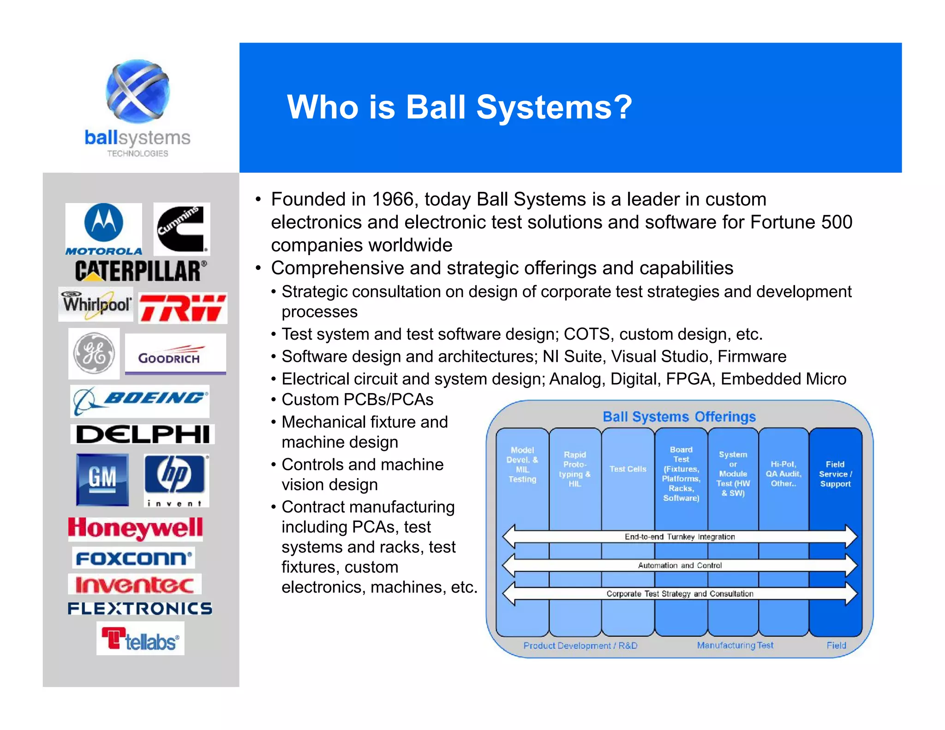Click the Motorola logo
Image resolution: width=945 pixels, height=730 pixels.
[x=104, y=229]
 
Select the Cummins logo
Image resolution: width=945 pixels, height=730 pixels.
[x=181, y=229]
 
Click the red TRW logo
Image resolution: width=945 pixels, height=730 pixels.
[x=183, y=307]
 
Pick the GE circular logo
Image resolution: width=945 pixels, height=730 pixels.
[x=94, y=353]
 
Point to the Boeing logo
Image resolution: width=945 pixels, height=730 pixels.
[x=140, y=401]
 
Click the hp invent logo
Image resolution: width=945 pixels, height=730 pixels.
[x=176, y=480]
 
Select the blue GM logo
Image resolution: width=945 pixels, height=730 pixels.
[x=102, y=479]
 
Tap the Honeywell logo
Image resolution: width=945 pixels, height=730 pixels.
[x=136, y=528]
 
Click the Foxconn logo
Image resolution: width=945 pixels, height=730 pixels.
[x=134, y=558]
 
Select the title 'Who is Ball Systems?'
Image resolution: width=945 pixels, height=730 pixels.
[x=460, y=107]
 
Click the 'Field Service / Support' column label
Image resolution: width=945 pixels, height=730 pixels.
[x=835, y=474]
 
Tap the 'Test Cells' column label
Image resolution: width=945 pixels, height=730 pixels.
[x=628, y=469]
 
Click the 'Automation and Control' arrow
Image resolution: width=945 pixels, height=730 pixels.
[x=680, y=565]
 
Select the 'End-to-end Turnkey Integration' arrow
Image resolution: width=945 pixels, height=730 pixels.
[x=680, y=537]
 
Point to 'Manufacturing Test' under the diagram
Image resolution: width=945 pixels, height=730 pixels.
[x=735, y=645]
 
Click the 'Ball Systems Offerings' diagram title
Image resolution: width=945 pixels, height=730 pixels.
[x=679, y=417]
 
